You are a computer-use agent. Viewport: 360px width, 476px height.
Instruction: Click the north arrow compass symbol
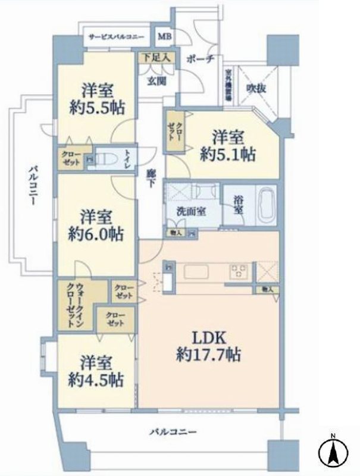tap(333, 453)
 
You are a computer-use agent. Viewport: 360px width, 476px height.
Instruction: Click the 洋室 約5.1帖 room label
tap(228, 145)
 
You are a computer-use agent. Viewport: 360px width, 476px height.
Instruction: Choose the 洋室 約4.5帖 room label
tap(98, 370)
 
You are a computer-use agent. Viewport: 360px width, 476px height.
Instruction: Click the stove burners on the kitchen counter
tap(239, 271)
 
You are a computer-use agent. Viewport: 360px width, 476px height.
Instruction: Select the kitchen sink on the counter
tap(196, 272)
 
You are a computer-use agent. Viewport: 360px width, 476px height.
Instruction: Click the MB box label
tap(164, 37)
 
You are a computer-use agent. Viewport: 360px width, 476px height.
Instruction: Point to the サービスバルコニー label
tap(117, 37)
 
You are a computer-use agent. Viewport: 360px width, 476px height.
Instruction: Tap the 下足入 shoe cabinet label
tap(156, 58)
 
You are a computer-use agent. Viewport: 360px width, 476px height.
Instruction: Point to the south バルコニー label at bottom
tap(172, 431)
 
